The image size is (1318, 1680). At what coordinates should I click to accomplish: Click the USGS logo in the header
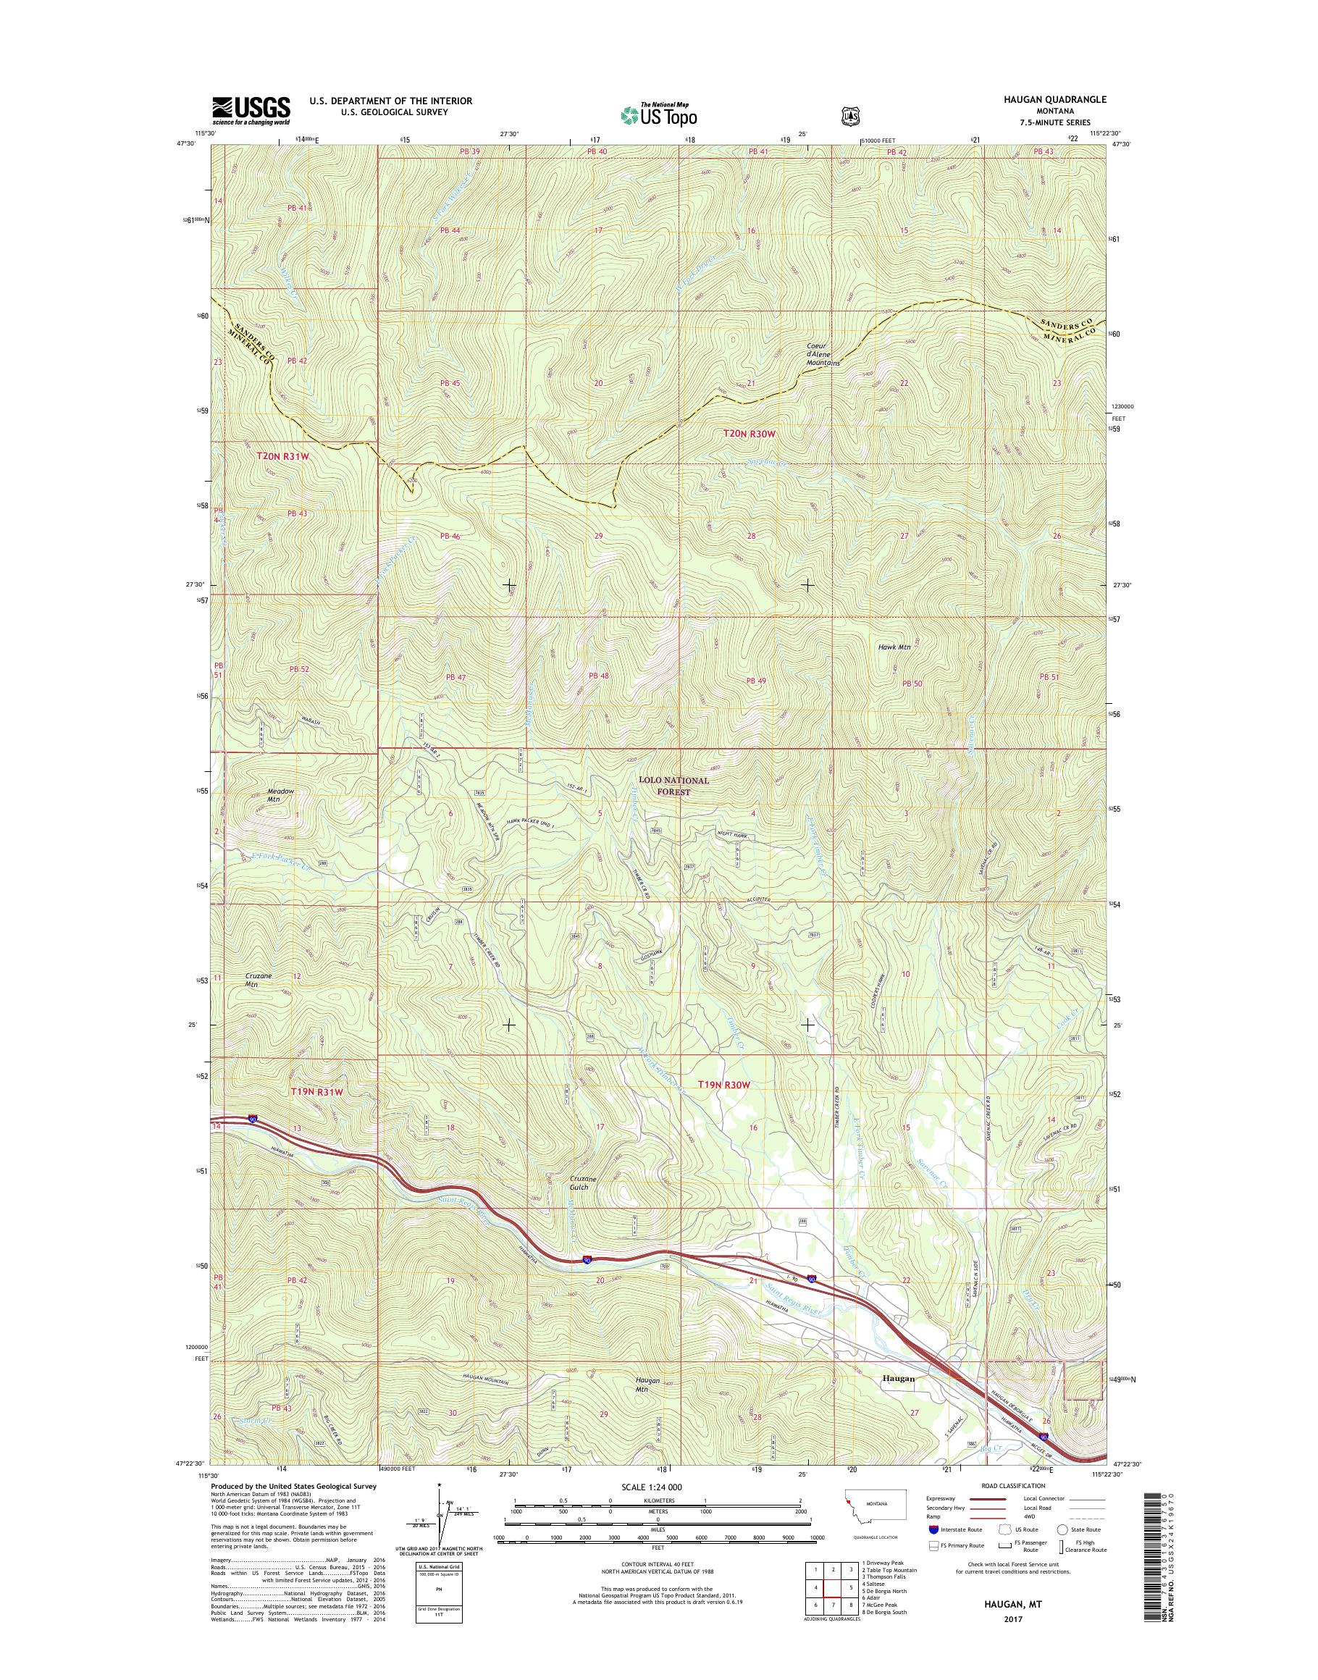251,110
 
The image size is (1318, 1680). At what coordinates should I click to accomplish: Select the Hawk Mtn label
895,647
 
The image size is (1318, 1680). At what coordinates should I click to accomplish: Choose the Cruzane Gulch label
584,1205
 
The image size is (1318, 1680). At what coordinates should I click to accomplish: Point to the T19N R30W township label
724,1084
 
